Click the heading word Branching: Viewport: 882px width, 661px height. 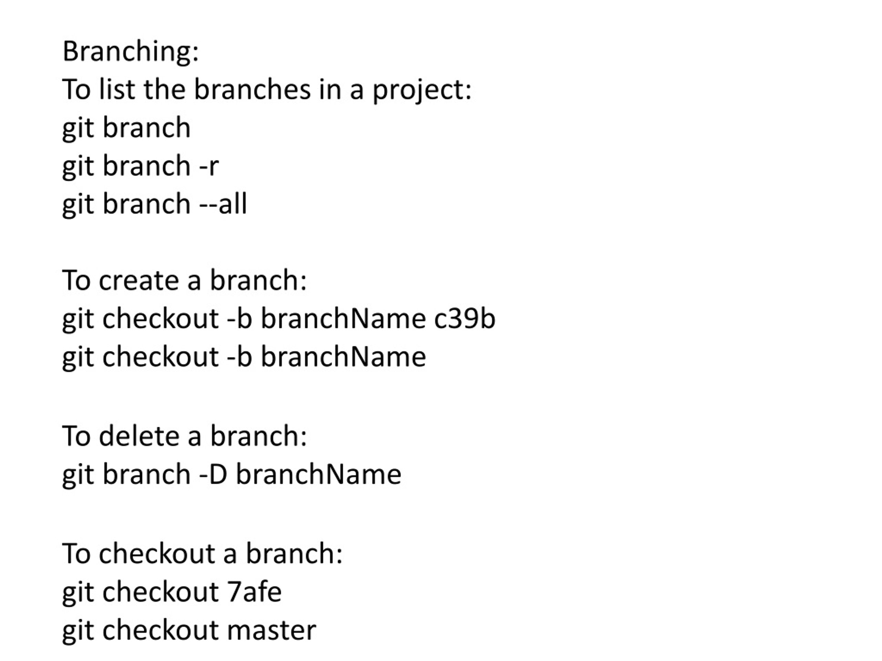(130, 52)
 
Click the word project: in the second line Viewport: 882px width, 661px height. (422, 91)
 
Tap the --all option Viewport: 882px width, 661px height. (223, 203)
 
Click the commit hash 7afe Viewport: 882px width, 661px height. (254, 592)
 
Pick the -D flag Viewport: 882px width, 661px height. (213, 474)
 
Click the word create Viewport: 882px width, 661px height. (139, 281)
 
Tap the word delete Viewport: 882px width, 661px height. (139, 436)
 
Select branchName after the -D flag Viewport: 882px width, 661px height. (319, 474)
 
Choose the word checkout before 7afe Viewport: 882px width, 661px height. (160, 592)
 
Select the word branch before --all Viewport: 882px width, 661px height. (146, 203)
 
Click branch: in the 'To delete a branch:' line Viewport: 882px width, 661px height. (258, 436)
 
